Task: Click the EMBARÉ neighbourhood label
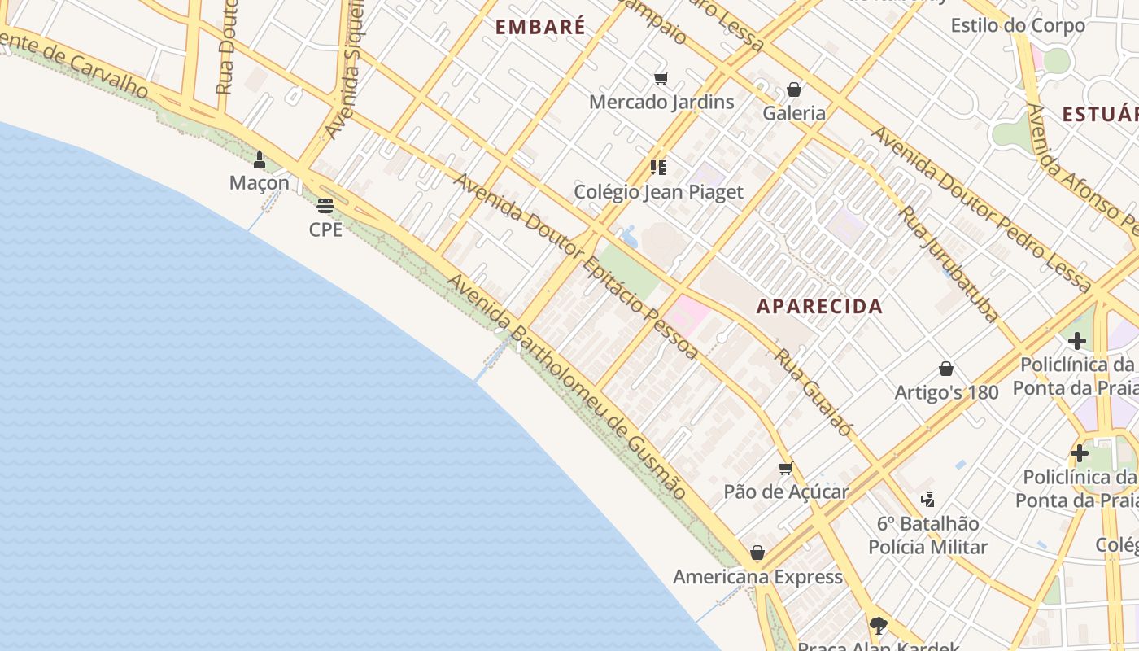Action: pos(540,27)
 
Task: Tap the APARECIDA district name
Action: pos(819,306)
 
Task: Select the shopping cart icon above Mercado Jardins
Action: pos(661,79)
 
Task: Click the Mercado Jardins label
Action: pos(661,102)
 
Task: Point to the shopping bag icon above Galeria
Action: pos(794,90)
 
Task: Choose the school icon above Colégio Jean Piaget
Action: pos(658,168)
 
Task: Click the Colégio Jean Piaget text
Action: pos(658,192)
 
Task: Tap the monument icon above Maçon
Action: pos(260,159)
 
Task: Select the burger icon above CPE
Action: pos(325,205)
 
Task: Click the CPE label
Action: pos(325,229)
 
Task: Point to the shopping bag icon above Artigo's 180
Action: pos(946,369)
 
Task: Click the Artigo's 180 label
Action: pos(946,392)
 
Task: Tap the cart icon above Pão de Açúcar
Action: pos(785,468)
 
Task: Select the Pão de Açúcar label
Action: pos(786,492)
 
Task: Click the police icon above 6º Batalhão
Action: pos(927,499)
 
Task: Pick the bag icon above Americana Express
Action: pos(757,553)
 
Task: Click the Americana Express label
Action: pos(757,577)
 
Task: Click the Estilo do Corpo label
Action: pos(1018,25)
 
